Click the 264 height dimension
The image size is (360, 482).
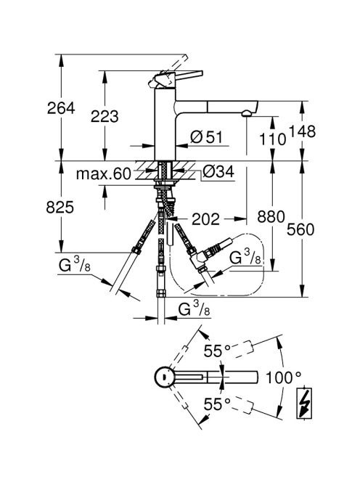pyautogui.click(x=61, y=108)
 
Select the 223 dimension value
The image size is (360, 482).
pyautogui.click(x=105, y=116)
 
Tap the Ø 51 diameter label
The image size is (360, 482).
pyautogui.click(x=206, y=136)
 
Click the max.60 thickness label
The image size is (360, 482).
pyautogui.click(x=104, y=174)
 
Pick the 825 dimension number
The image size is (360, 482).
pyautogui.click(x=60, y=207)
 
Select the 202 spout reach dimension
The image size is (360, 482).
pyautogui.click(x=206, y=219)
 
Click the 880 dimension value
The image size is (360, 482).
pyautogui.click(x=271, y=217)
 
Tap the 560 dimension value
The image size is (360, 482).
pyautogui.click(x=300, y=229)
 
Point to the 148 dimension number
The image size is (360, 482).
pyautogui.click(x=302, y=131)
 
